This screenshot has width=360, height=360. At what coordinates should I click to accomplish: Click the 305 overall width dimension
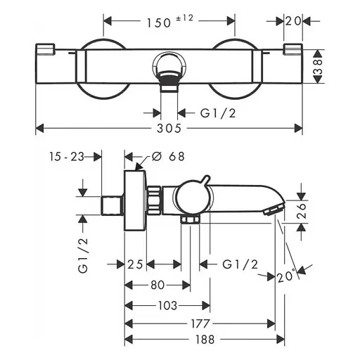(169, 128)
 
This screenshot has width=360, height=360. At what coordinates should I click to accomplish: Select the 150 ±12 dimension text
(169, 22)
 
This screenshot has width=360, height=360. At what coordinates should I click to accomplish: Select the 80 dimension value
(157, 285)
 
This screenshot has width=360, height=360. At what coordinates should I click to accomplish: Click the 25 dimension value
(136, 264)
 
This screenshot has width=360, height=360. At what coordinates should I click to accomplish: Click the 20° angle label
(285, 276)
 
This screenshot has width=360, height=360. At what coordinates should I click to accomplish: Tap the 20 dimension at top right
(294, 21)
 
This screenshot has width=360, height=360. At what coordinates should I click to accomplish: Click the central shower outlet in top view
(169, 74)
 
